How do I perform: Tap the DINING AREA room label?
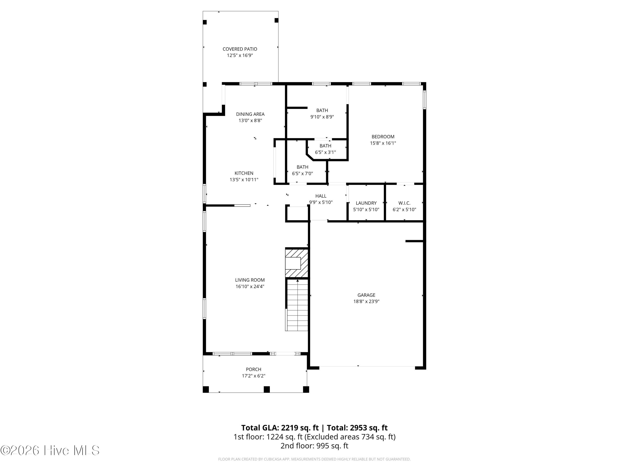click(x=250, y=114)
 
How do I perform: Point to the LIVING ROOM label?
click(x=250, y=280)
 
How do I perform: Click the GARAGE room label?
click(x=366, y=295)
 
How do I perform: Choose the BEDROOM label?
click(x=383, y=137)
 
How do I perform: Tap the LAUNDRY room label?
click(x=366, y=203)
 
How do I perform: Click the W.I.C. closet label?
click(x=404, y=203)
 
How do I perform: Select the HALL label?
click(x=321, y=196)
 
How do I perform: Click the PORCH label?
click(x=253, y=369)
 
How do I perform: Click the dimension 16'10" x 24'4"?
click(x=250, y=287)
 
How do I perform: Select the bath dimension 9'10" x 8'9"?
click(x=322, y=117)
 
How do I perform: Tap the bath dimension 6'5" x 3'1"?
click(x=325, y=152)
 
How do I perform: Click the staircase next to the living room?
click(x=297, y=305)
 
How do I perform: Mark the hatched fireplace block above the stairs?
click(x=297, y=263)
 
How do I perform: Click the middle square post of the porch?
click(x=267, y=389)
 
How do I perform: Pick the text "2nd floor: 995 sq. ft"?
click(x=314, y=446)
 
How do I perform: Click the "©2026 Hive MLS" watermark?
click(x=50, y=450)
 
